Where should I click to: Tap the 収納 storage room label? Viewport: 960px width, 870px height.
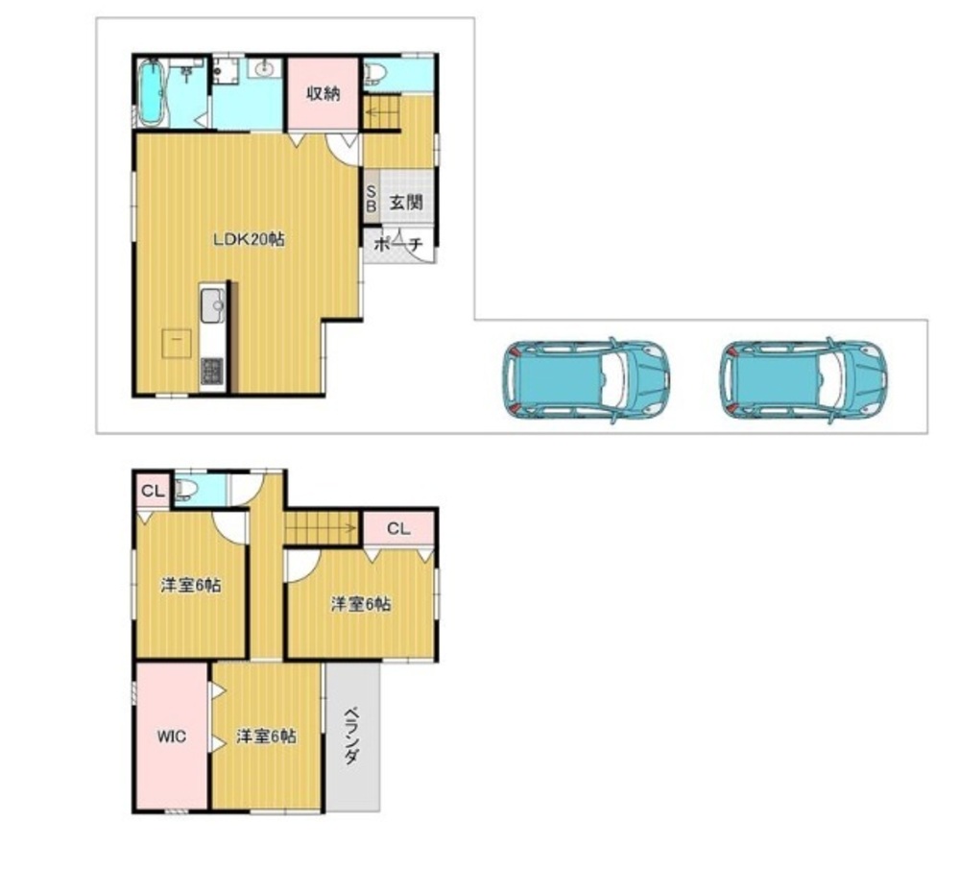point(324,94)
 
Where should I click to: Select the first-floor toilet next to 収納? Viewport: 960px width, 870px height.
point(375,74)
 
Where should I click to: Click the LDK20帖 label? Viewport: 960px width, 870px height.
point(249,239)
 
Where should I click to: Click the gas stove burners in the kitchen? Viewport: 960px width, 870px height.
point(212,371)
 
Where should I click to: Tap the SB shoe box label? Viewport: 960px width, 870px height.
point(371,200)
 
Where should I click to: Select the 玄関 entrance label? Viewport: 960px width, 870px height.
point(406,202)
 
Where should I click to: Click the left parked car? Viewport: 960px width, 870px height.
point(586,379)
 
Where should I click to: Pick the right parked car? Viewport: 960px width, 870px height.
point(804,379)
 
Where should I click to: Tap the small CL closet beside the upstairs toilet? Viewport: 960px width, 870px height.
point(153,491)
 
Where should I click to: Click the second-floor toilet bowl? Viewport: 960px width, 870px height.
point(186,490)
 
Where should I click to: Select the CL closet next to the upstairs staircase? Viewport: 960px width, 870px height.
point(398,528)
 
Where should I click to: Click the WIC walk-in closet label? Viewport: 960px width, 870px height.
point(172,736)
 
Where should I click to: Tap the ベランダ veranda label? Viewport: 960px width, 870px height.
point(351,736)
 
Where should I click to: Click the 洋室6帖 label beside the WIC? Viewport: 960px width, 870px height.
point(266,736)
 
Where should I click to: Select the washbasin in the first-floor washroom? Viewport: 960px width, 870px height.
point(265,68)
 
